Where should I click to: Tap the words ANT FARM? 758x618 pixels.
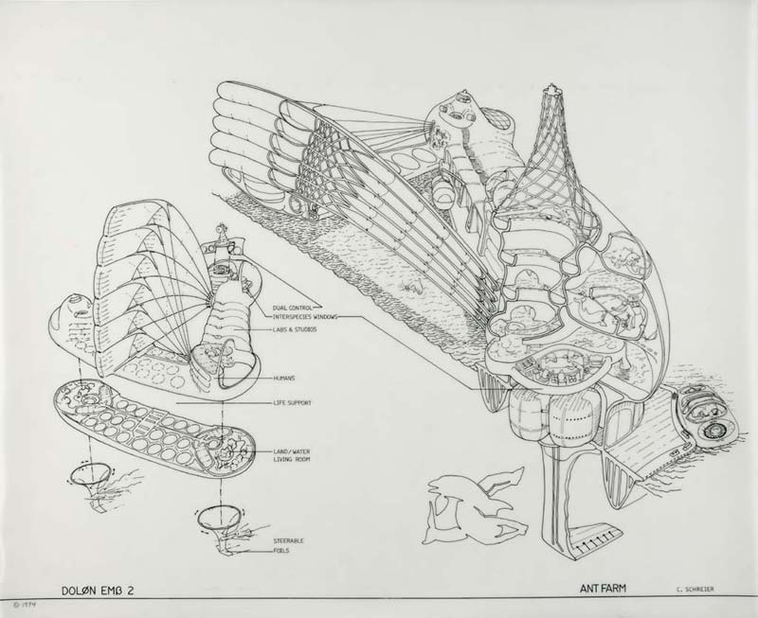[605, 587]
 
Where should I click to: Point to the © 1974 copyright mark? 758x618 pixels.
[20, 604]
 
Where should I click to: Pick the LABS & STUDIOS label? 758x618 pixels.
[292, 329]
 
